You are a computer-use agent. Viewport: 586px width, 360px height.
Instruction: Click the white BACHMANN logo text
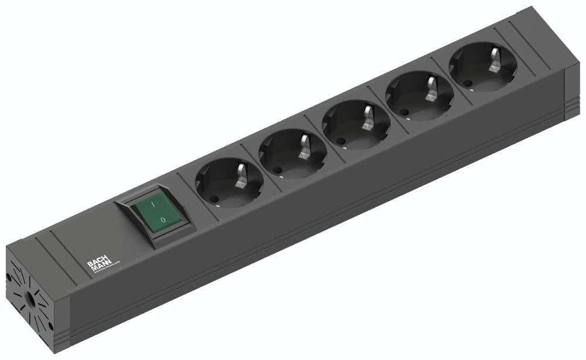point(96,266)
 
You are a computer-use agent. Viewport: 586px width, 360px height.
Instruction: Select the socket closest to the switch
point(229,183)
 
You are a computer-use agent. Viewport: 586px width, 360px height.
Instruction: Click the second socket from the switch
point(292,153)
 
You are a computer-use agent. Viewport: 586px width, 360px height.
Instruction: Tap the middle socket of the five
point(356,125)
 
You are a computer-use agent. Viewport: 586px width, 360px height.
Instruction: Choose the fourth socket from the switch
point(420,95)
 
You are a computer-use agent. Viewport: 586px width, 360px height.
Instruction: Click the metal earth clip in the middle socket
point(369,117)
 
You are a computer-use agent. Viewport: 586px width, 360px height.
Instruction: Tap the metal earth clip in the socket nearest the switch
point(241,175)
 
